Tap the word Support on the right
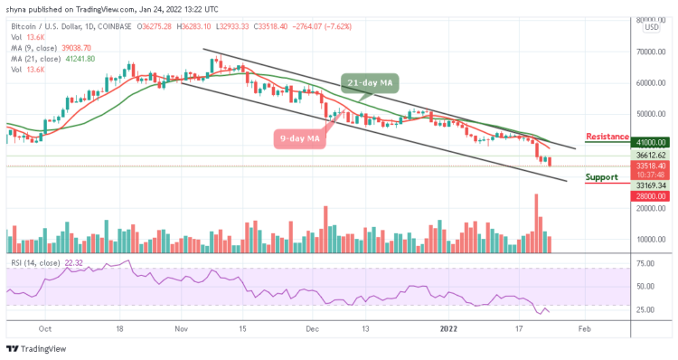point(602,177)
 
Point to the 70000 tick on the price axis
point(654,52)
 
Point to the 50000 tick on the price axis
point(654,114)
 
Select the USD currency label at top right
point(650,28)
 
